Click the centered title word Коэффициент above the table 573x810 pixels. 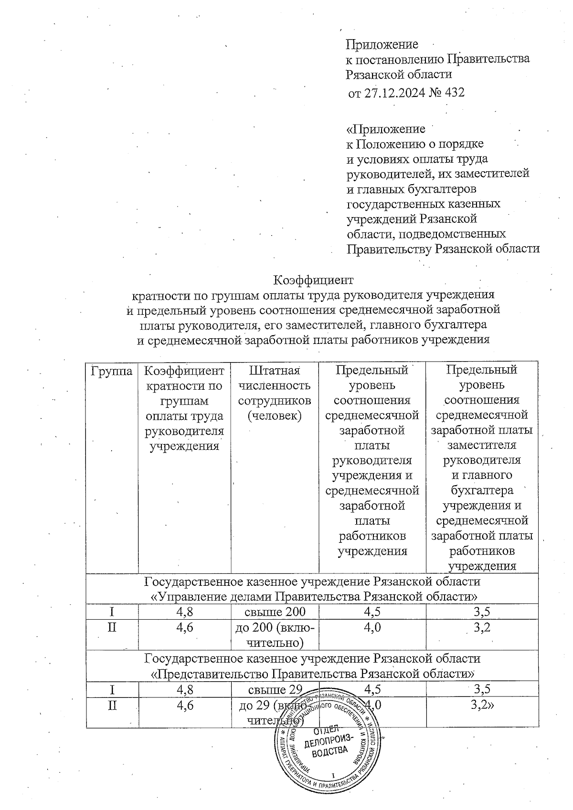313,279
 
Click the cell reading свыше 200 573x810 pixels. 275,612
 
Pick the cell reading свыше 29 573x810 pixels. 275,689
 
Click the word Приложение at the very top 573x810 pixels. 382,44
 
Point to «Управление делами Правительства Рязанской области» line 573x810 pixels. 312,597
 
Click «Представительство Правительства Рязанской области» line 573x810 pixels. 312,674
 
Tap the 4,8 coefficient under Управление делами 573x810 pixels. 184,612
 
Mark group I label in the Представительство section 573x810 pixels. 112,689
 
